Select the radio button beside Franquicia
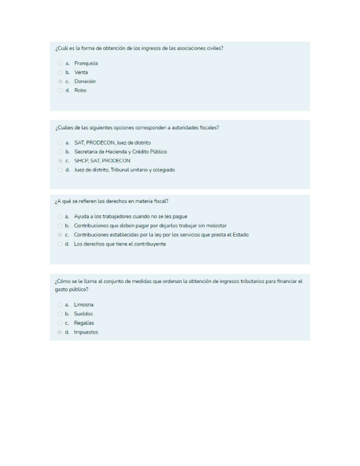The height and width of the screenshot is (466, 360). point(59,63)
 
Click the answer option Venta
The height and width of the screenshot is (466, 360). point(81,73)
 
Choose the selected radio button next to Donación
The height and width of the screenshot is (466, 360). point(59,81)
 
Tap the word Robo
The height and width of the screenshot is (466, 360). point(80,91)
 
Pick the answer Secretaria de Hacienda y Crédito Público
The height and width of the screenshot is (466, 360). point(120,152)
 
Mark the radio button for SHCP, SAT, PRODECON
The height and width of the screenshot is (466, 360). point(59,161)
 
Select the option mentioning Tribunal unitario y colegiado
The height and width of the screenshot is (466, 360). point(124,170)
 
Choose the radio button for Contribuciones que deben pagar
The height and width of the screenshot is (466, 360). point(59,226)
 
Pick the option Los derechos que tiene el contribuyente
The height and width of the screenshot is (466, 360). point(120,244)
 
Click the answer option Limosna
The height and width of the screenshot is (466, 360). point(84,304)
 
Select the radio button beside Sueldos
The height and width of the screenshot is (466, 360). point(59,314)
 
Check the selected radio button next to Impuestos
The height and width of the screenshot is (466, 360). point(59,332)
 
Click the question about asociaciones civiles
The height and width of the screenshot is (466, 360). point(139,48)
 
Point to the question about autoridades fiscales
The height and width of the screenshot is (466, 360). point(137,127)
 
